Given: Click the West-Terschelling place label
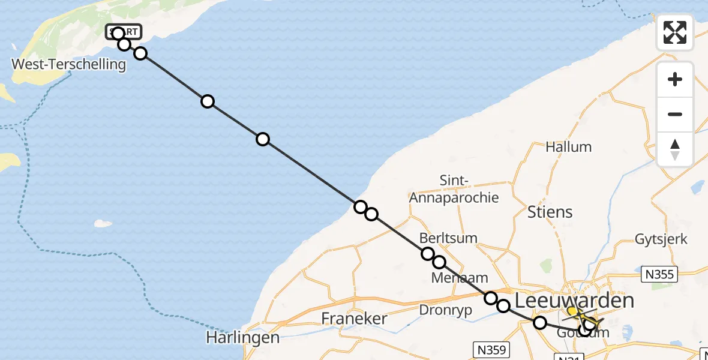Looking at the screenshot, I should (x=68, y=64).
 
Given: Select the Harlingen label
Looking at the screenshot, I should (x=242, y=338).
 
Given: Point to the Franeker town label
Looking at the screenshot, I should (x=354, y=318).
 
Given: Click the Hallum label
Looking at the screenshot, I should (x=568, y=147).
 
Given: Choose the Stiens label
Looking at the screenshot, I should (x=550, y=212).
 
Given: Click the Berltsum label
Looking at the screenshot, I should (x=448, y=238).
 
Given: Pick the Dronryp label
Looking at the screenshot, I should (x=442, y=310).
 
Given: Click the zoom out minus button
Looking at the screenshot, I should (x=675, y=114).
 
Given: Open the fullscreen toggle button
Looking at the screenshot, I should (x=675, y=32).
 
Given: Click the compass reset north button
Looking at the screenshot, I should (x=675, y=149).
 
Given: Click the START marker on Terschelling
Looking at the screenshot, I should (x=124, y=32).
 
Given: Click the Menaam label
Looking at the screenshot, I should (x=459, y=278).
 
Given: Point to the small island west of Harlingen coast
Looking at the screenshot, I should (x=103, y=223).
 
